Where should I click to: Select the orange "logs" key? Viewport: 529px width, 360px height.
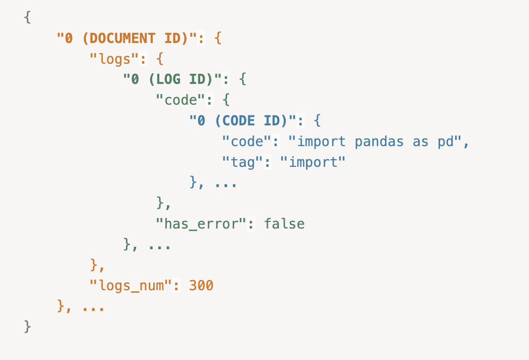tap(114, 59)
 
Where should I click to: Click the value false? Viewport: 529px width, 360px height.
tap(284, 224)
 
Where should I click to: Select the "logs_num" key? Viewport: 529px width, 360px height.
tap(130, 286)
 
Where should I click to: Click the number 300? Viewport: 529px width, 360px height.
tap(201, 286)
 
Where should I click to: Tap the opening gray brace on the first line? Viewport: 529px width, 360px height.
tap(27, 17)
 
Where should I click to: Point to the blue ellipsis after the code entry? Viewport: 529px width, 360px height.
tap(226, 183)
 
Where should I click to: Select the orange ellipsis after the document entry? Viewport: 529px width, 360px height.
tap(94, 306)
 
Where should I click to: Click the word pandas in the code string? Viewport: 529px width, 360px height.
tap(379, 142)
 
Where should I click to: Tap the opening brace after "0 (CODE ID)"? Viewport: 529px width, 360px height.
tap(317, 121)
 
